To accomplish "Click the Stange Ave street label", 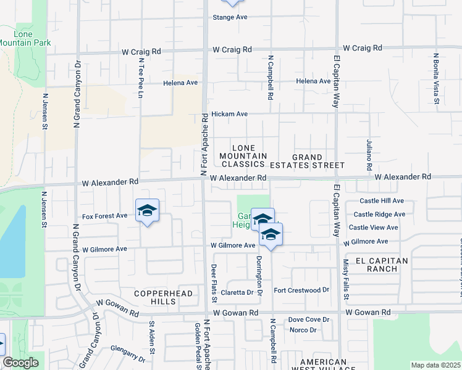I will click(x=230, y=17).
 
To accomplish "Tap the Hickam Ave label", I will click(x=229, y=114).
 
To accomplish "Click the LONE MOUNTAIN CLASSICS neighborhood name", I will click(x=243, y=156).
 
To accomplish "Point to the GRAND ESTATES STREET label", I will click(x=317, y=162).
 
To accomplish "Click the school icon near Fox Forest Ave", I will click(x=147, y=211).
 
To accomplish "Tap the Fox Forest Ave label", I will click(x=104, y=216).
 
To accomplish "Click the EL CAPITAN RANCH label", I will click(x=377, y=265).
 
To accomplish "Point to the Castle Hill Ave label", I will click(x=382, y=201).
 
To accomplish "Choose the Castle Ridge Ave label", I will click(x=379, y=215).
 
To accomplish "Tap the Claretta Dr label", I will click(x=238, y=292).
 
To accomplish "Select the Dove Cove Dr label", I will click(x=309, y=319).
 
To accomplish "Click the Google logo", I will click(x=20, y=363).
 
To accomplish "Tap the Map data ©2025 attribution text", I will click(x=435, y=365).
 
